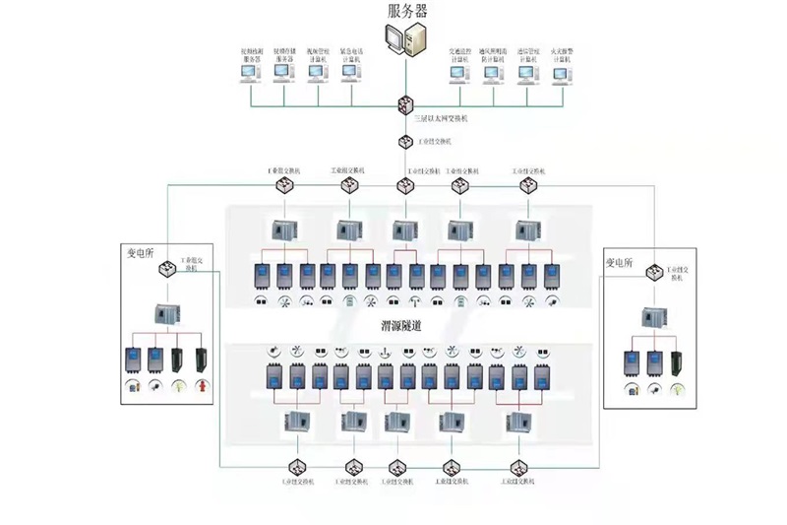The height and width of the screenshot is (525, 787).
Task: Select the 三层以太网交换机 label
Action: coord(441,118)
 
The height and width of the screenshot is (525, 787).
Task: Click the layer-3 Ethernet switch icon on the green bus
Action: coord(405,103)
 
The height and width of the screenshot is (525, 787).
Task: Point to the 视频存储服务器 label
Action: coord(285,56)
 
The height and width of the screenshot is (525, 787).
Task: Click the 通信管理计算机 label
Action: coord(528,56)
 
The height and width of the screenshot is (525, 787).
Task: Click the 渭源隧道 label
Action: coord(402,325)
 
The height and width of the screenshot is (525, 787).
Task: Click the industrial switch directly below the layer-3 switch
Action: coord(405,142)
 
